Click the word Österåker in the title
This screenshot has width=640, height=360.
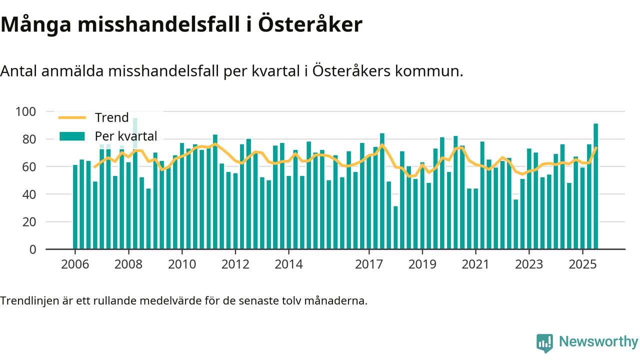coord(310,25)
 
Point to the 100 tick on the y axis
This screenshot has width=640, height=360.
coord(26,111)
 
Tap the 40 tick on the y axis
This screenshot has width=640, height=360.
coord(30,194)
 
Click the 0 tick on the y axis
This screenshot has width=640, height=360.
coord(33,249)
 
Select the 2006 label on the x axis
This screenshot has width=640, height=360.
coord(75,264)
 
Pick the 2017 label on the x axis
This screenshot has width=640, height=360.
coord(368,264)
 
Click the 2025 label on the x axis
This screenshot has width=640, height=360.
coord(582,264)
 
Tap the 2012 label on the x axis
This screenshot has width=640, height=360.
coord(235,264)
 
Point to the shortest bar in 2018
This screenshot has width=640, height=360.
coord(395,227)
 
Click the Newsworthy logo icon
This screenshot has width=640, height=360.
coord(544,343)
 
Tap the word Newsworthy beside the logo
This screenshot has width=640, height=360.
coord(598,342)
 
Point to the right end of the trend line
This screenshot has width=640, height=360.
coord(596,147)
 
